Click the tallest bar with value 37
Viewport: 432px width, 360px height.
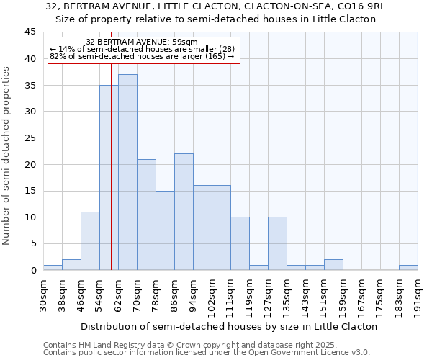[x=127, y=172]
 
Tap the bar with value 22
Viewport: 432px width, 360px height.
[x=184, y=212]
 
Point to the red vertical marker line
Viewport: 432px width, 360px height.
[x=112, y=166]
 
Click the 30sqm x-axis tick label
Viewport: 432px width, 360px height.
[x=44, y=294]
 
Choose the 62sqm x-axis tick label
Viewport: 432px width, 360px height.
[x=119, y=294]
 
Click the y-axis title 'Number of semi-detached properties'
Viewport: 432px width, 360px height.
[x=7, y=156]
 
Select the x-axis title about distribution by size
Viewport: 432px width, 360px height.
[x=230, y=326]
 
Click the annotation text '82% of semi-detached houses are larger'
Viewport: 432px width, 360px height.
[x=141, y=56]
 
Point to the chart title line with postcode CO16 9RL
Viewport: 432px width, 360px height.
[x=215, y=6]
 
